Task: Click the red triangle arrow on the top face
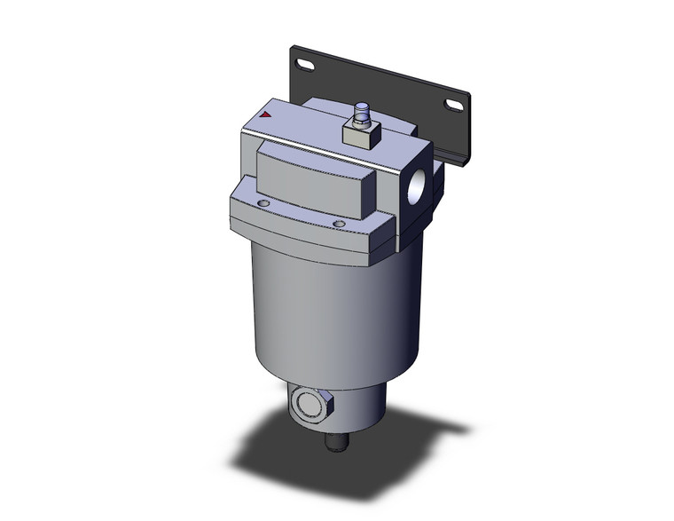[267, 114]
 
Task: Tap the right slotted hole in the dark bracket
[454, 106]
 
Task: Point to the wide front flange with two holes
[302, 226]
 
